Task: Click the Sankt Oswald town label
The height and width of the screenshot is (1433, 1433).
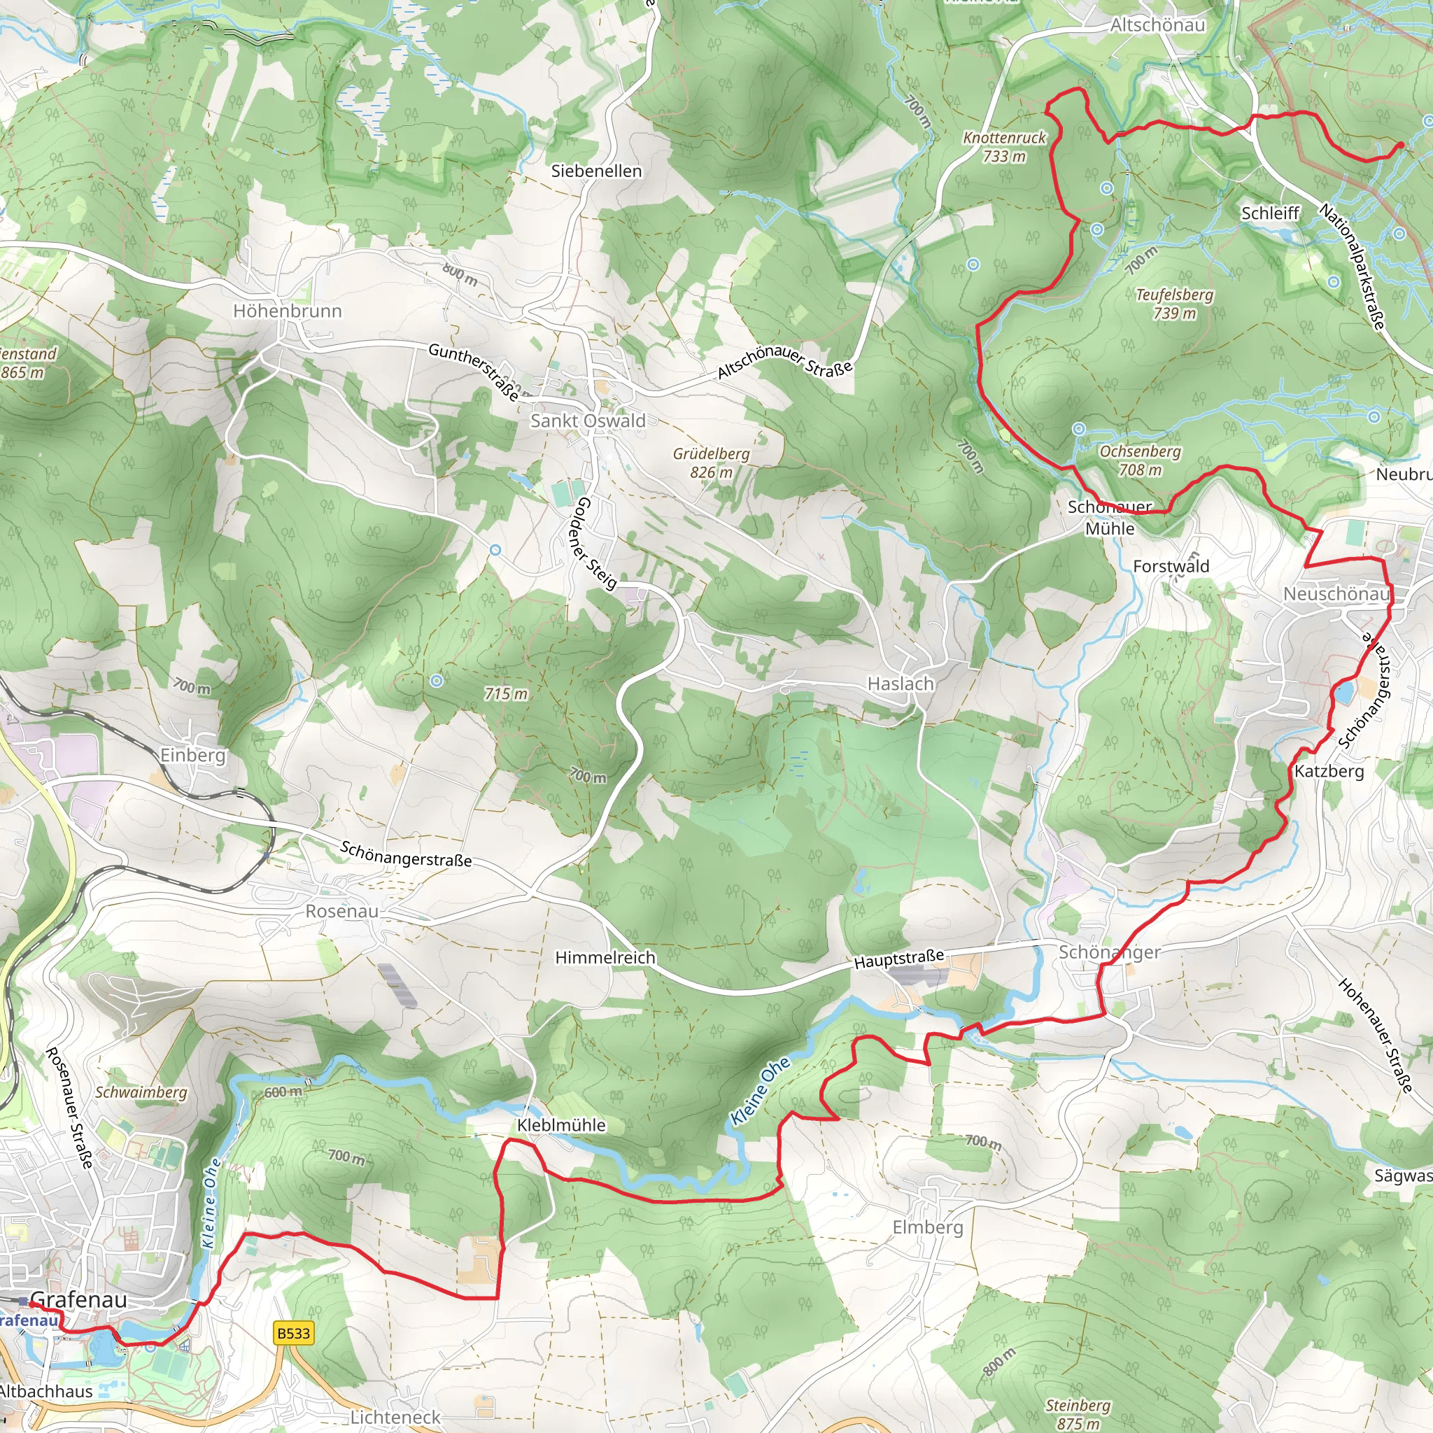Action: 588,421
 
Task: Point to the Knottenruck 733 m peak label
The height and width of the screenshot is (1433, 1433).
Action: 1004,147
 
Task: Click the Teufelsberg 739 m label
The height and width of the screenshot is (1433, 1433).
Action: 1175,304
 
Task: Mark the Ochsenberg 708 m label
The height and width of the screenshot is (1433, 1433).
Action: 1140,460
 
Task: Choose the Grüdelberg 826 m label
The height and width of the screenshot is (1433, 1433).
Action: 711,462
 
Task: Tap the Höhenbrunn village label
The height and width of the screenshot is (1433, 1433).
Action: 288,311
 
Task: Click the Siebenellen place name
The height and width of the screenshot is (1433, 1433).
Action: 596,171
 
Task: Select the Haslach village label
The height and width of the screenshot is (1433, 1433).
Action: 901,683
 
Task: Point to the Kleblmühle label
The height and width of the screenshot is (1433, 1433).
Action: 561,1124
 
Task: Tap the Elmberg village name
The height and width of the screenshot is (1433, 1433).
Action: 927,1227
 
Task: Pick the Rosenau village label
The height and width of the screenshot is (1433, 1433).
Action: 342,911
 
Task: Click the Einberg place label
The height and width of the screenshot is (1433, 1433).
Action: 193,755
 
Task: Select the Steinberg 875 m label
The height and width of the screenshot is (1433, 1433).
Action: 1078,1413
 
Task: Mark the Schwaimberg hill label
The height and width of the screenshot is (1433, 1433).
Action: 141,1092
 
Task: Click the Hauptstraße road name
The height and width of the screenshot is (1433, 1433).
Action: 899,959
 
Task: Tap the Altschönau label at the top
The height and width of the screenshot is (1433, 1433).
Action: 1157,25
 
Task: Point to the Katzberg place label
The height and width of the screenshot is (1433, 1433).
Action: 1329,771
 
